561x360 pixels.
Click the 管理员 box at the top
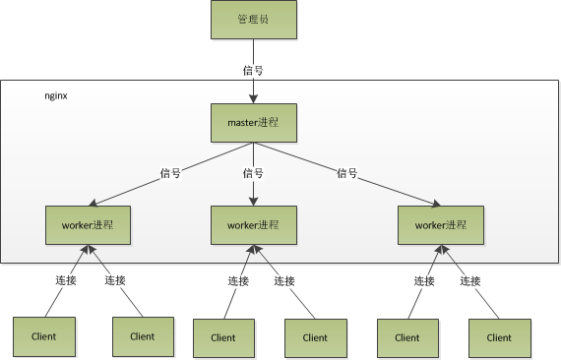tap(254, 20)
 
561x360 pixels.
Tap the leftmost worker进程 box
tap(88, 224)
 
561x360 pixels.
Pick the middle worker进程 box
tap(254, 225)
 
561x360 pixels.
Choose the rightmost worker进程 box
tap(439, 225)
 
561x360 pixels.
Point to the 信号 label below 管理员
tap(253, 71)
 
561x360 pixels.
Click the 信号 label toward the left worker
tap(169, 173)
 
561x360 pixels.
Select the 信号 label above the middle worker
tap(253, 173)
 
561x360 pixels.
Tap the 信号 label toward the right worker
tap(346, 173)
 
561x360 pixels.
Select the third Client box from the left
tap(222, 337)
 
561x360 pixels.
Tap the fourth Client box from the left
tap(315, 337)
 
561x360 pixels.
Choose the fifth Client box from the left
tap(406, 337)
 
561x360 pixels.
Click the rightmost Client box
tap(498, 337)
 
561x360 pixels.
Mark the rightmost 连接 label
tap(469, 280)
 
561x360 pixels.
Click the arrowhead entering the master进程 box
tap(254, 97)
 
